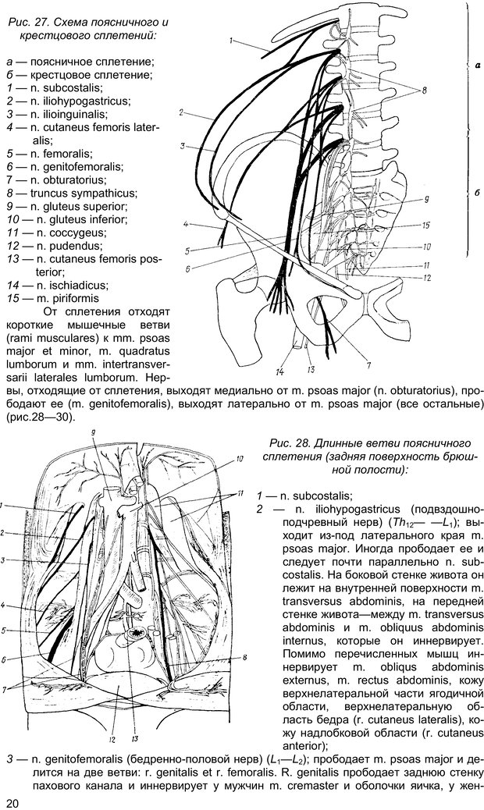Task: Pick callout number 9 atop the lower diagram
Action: click(x=93, y=432)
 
